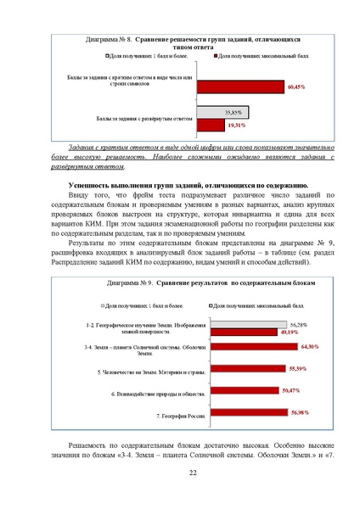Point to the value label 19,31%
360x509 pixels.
[x=235, y=126]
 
